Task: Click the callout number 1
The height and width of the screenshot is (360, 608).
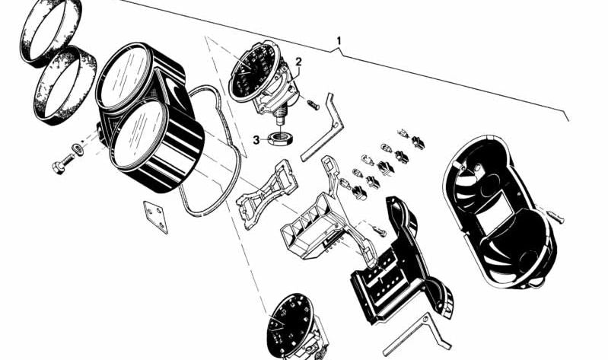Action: pyautogui.click(x=339, y=40)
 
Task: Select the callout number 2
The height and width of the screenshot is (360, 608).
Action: pyautogui.click(x=299, y=62)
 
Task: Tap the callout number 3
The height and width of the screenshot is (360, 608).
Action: pyautogui.click(x=257, y=139)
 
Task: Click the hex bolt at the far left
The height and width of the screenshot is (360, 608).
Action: pyautogui.click(x=62, y=164)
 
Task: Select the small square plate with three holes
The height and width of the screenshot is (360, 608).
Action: pyautogui.click(x=156, y=216)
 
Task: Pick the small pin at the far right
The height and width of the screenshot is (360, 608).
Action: pyautogui.click(x=560, y=218)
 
